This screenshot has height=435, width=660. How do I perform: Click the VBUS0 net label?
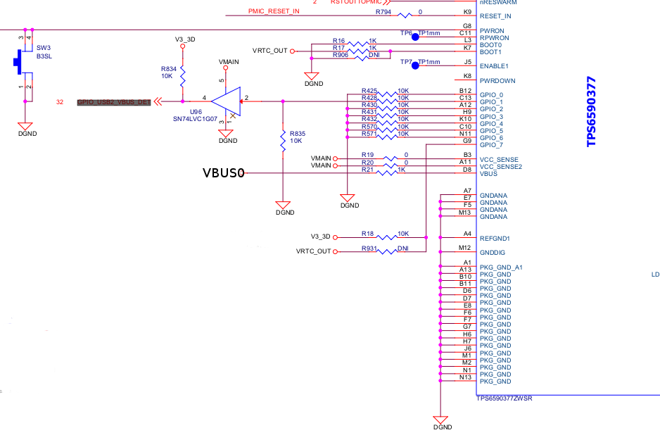pyautogui.click(x=223, y=172)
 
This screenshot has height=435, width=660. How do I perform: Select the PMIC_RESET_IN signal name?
pyautogui.click(x=274, y=12)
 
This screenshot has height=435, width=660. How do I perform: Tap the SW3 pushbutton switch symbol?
pyautogui.click(x=19, y=62)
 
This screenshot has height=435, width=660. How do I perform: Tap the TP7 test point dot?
pyautogui.click(x=415, y=65)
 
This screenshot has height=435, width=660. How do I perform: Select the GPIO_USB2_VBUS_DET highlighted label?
pyautogui.click(x=114, y=102)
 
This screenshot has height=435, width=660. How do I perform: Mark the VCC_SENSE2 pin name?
pyautogui.click(x=501, y=166)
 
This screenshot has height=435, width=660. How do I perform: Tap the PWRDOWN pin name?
pyautogui.click(x=497, y=80)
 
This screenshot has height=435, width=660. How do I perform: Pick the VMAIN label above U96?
pyautogui.click(x=229, y=62)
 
